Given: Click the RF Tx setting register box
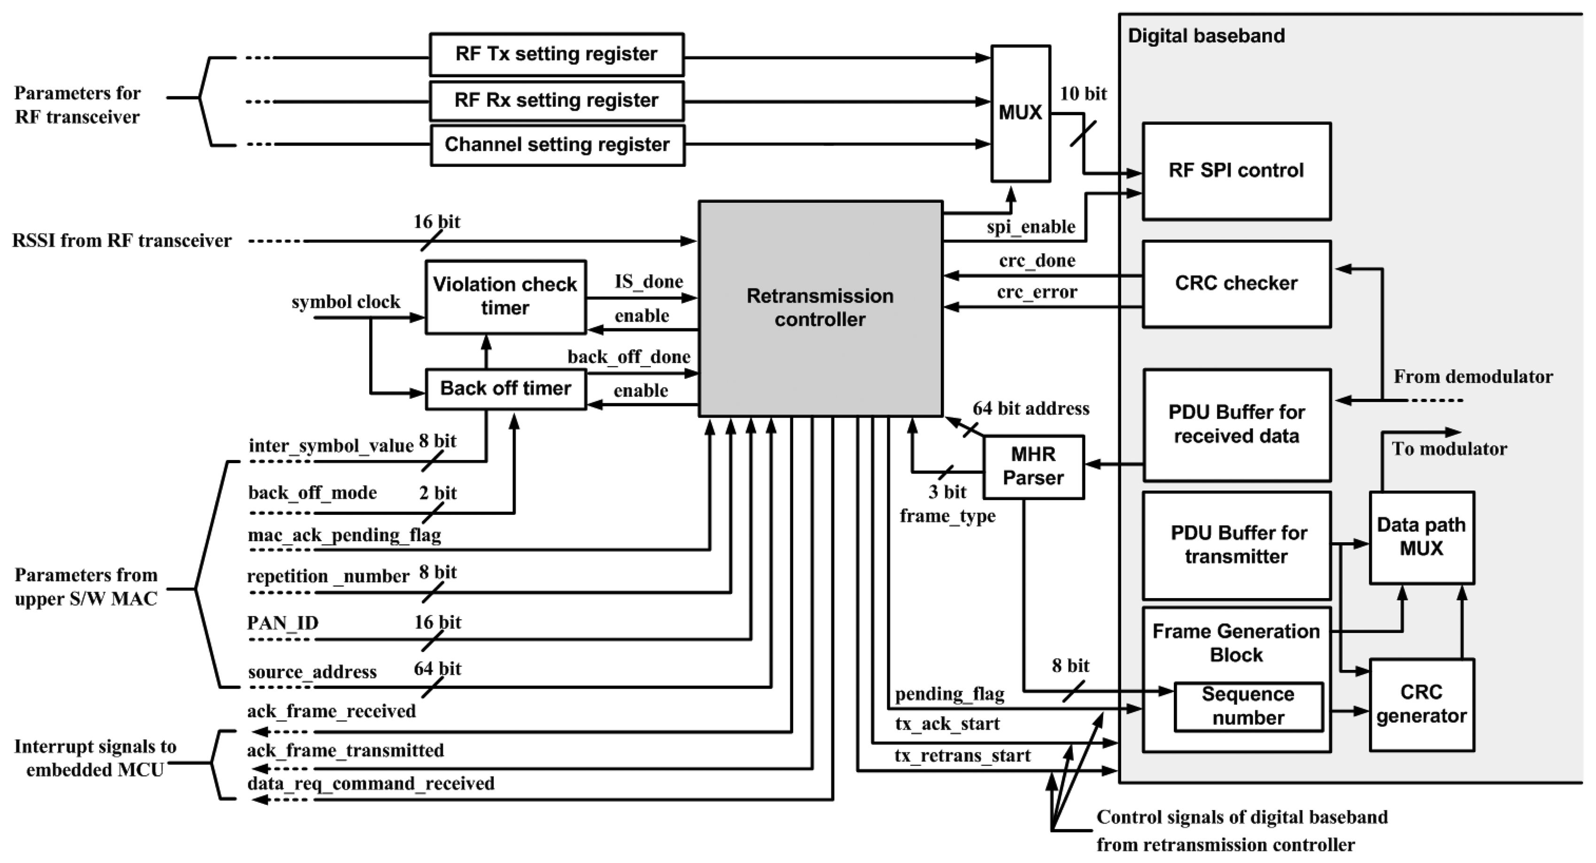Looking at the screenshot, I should tap(557, 54).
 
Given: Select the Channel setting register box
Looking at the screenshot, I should tap(557, 145).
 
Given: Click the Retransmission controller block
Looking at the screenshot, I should tap(820, 308).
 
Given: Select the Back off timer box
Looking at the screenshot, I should tap(505, 389).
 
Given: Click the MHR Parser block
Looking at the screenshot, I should tap(1033, 466).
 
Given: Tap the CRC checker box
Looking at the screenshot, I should tap(1236, 284).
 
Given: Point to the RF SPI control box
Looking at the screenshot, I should tap(1236, 171).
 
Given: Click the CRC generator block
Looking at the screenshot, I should tap(1421, 704).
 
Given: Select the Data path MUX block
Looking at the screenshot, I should tap(1421, 537).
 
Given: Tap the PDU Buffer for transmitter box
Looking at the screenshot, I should tap(1237, 545).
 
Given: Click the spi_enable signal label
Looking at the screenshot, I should tap(1030, 227).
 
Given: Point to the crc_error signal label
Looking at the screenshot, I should tap(1037, 292).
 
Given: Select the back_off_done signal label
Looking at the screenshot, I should tap(628, 358).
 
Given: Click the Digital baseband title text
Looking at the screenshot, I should tap(1206, 36).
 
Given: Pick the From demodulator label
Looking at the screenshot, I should tap(1472, 377).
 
